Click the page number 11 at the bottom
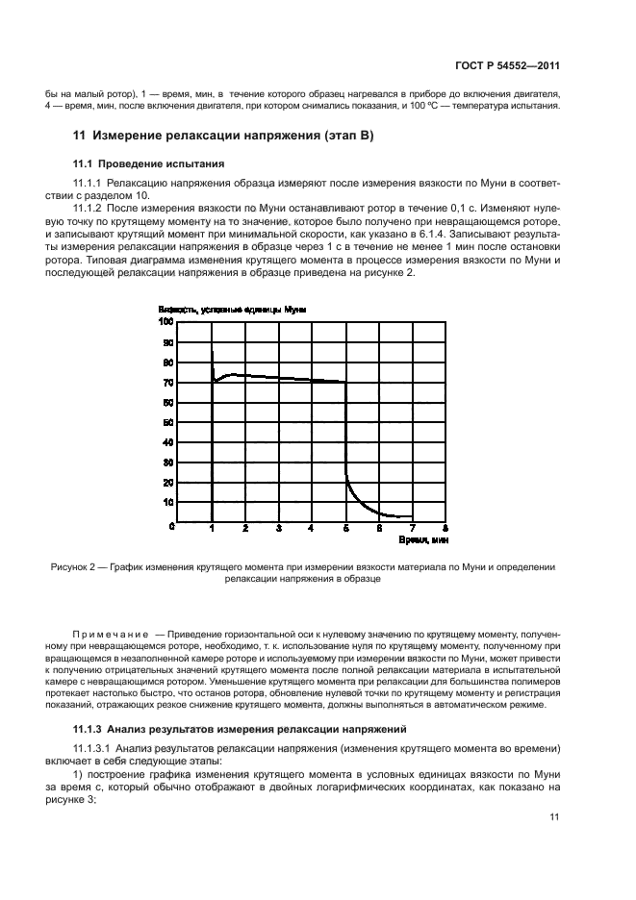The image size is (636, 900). point(554,817)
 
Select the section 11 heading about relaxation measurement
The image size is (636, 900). point(223,136)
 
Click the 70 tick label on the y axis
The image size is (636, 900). point(168,383)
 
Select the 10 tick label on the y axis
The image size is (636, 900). point(168,503)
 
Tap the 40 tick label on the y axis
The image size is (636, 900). point(168,442)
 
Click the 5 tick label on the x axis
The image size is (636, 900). point(345,529)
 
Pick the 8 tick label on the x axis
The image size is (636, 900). point(445,529)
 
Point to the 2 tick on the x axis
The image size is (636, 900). point(245,529)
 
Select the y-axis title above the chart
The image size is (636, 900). point(231,310)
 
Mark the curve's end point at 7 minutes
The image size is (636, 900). point(412,517)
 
